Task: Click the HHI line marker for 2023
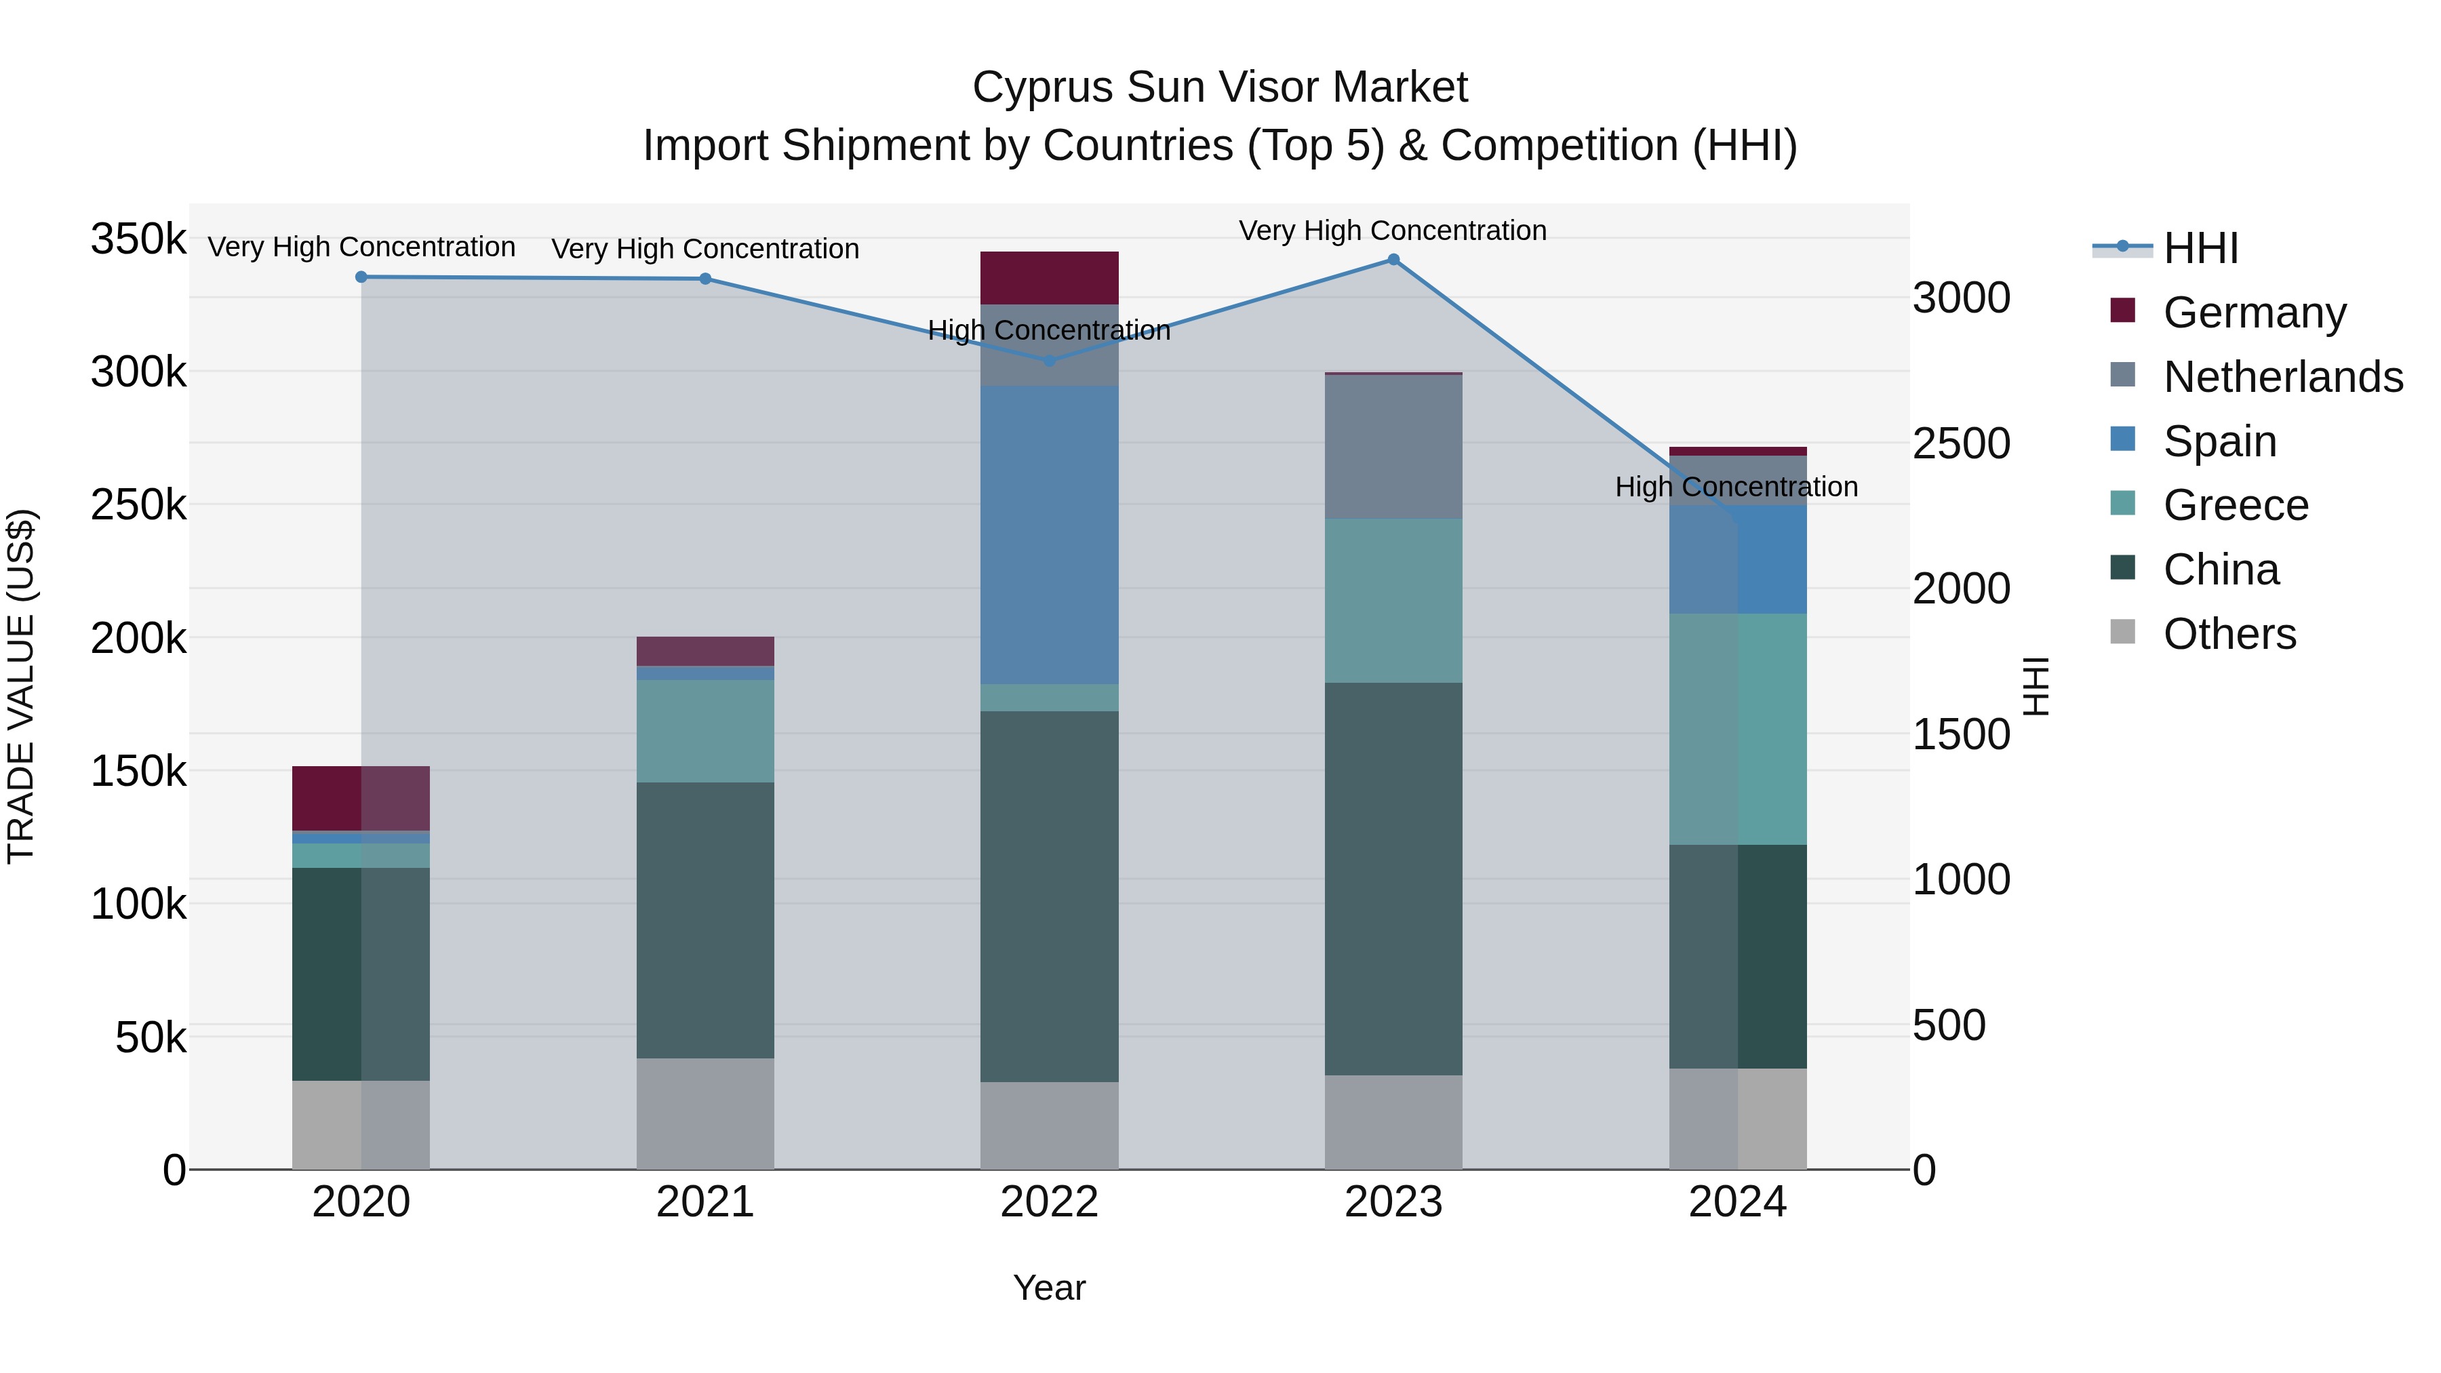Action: click(x=1393, y=260)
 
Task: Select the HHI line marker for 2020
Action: click(x=361, y=277)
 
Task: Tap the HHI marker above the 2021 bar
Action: click(x=705, y=279)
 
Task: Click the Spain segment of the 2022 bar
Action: click(x=1049, y=536)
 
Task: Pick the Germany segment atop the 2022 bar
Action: click(x=1049, y=277)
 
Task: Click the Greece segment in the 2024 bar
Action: click(x=1737, y=729)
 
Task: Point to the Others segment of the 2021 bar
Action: click(x=705, y=1113)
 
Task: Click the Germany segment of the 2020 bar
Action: click(x=361, y=798)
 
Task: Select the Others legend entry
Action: click(x=2229, y=634)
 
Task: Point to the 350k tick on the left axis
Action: click(x=138, y=239)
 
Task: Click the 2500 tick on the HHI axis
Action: click(x=1960, y=443)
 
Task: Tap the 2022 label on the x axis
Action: click(x=1049, y=1202)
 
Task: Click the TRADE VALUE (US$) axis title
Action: click(x=21, y=686)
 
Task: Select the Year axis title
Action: click(x=1049, y=1288)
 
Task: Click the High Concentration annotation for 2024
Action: click(x=1736, y=487)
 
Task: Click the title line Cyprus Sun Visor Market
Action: click(x=1220, y=87)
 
